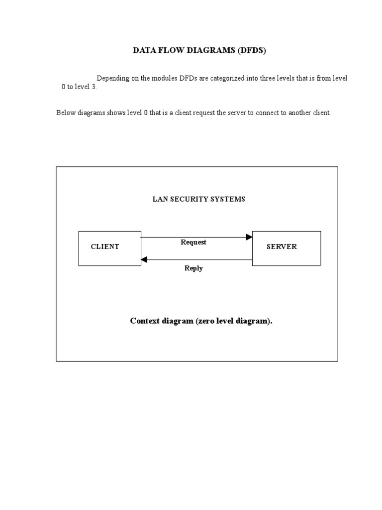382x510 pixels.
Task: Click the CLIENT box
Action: pos(110,248)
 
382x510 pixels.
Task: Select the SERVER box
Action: pos(286,248)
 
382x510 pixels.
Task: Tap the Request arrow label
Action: pos(193,243)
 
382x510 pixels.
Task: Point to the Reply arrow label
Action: pos(193,268)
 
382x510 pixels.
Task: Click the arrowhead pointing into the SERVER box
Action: pos(249,238)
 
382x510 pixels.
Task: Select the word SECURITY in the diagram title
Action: pos(187,199)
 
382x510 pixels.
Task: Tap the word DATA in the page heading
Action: pos(142,50)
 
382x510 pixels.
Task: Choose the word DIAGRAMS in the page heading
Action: pos(207,50)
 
